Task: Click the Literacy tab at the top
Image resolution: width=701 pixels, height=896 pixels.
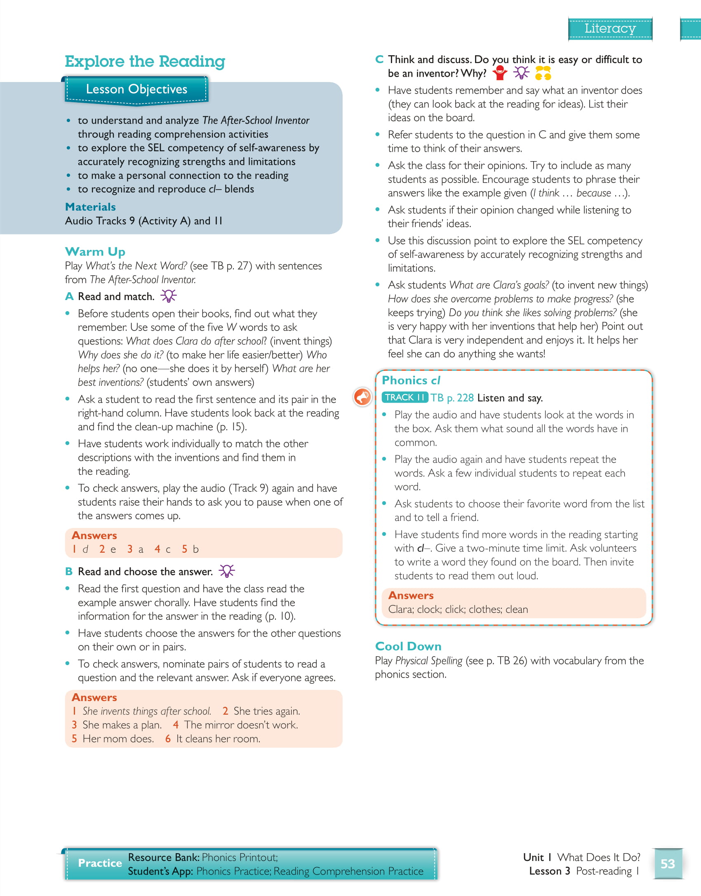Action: (610, 28)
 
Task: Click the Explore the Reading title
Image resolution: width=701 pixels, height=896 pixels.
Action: (145, 61)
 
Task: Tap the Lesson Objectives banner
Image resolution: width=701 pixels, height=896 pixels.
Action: (136, 89)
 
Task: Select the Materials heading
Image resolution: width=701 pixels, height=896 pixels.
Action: (90, 207)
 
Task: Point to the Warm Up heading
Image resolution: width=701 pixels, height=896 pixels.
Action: (95, 251)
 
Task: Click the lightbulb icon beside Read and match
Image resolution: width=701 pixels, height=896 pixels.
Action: (168, 296)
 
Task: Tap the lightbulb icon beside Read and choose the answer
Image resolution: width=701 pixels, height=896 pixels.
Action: (226, 571)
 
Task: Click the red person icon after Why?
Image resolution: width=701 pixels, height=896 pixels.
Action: (500, 73)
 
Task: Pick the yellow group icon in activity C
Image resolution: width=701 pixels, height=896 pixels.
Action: (543, 73)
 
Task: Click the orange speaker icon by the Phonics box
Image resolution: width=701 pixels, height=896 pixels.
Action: (362, 397)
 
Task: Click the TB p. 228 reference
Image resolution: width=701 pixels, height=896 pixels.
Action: (452, 398)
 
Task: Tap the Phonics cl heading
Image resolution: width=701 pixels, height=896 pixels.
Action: (411, 380)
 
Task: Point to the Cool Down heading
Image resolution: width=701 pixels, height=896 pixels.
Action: (408, 646)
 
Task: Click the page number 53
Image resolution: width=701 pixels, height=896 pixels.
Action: (667, 863)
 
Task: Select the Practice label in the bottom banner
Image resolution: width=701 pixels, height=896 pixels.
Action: (100, 863)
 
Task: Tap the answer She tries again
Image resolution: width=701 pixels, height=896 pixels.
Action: (266, 711)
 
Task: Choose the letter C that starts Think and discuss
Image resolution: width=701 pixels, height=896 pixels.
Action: (379, 59)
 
